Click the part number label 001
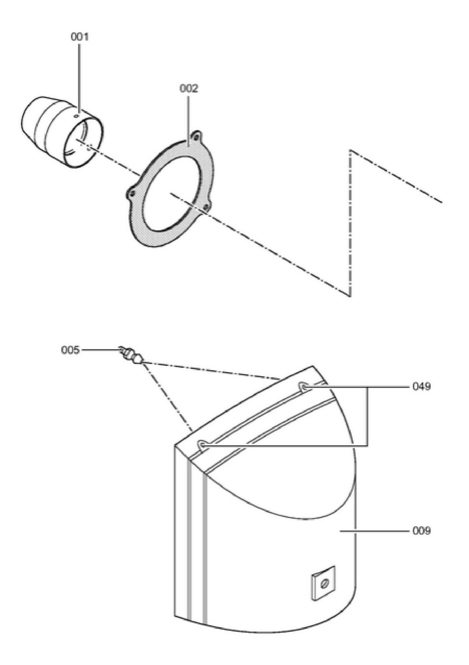pyautogui.click(x=80, y=37)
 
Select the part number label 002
pyautogui.click(x=189, y=88)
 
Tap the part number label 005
pyautogui.click(x=70, y=350)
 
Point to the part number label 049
pyautogui.click(x=421, y=387)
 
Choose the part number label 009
pyautogui.click(x=421, y=531)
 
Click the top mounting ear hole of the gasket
pyautogui.click(x=197, y=136)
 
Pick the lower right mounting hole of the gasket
pyautogui.click(x=206, y=208)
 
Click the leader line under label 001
pyautogui.click(x=79, y=76)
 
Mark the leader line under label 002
pyautogui.click(x=189, y=120)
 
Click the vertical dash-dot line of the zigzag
pyautogui.click(x=350, y=223)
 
